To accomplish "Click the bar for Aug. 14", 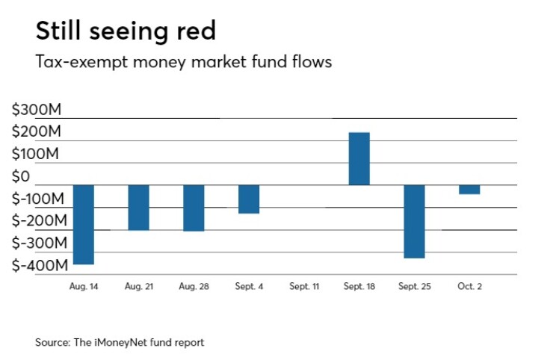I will tap(83, 224).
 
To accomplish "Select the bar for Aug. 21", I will tap(138, 207).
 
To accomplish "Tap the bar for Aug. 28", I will tap(194, 208).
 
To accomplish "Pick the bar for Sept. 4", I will tap(249, 199).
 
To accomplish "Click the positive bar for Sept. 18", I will tap(359, 158).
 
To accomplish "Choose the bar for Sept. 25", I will tap(415, 221).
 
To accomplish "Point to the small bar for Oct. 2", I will tap(470, 189).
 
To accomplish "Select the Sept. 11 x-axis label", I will tap(304, 287).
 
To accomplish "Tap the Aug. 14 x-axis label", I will tap(83, 287).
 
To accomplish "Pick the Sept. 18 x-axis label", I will tap(359, 287).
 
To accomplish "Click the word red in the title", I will tap(192, 32).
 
